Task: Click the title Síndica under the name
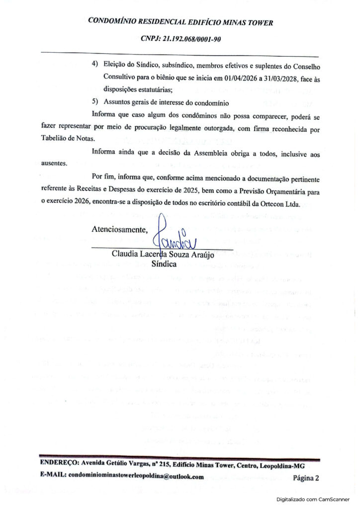[x=164, y=264]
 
